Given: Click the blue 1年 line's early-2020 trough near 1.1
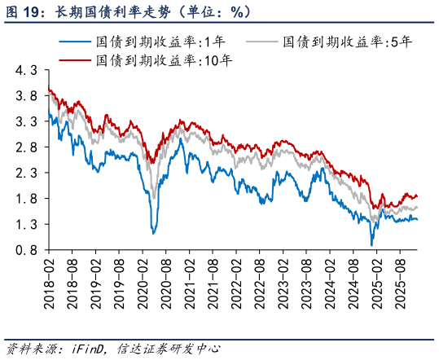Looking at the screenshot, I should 153,234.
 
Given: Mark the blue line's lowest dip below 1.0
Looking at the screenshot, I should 372,245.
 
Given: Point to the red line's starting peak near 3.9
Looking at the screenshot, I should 49,90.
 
